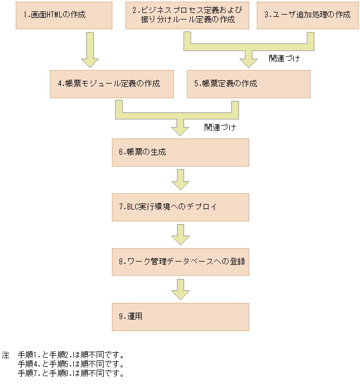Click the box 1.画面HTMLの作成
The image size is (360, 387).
[64, 15]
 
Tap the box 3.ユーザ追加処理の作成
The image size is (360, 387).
[307, 15]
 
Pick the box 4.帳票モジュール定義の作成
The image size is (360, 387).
[111, 84]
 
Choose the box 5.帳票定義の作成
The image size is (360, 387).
[248, 84]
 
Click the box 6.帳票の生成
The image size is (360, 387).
[180, 153]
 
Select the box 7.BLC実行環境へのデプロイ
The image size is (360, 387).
[180, 207]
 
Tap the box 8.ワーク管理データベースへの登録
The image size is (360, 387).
[180, 262]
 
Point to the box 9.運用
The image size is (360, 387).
[180, 316]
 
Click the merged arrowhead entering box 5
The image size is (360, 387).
[248, 60]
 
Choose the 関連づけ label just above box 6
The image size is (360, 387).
[219, 128]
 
